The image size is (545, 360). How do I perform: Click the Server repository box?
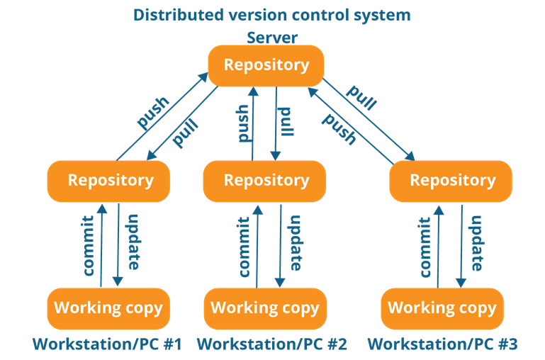[x=266, y=66]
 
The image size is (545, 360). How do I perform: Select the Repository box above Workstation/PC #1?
[x=108, y=181]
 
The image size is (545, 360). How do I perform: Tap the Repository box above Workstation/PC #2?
[x=264, y=181]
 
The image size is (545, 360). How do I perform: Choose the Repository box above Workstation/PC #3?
[x=451, y=181]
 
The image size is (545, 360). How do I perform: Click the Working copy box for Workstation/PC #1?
[x=108, y=308]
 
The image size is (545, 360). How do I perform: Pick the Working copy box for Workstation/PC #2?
[x=265, y=308]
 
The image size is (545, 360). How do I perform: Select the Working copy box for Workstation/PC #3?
[x=442, y=308]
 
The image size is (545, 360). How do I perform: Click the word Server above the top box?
[x=272, y=38]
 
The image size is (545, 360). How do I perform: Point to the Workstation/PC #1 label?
[x=108, y=344]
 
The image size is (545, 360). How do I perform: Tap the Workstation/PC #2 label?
[x=272, y=344]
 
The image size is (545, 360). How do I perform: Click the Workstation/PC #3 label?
[x=442, y=344]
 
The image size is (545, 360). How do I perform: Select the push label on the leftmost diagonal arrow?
[x=153, y=113]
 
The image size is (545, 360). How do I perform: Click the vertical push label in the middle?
[x=243, y=123]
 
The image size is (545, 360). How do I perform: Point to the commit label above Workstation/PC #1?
[x=89, y=246]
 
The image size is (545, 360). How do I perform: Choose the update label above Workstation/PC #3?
[x=477, y=243]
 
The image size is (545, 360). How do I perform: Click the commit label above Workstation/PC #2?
[x=244, y=247]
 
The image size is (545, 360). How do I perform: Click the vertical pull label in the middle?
[x=286, y=122]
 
